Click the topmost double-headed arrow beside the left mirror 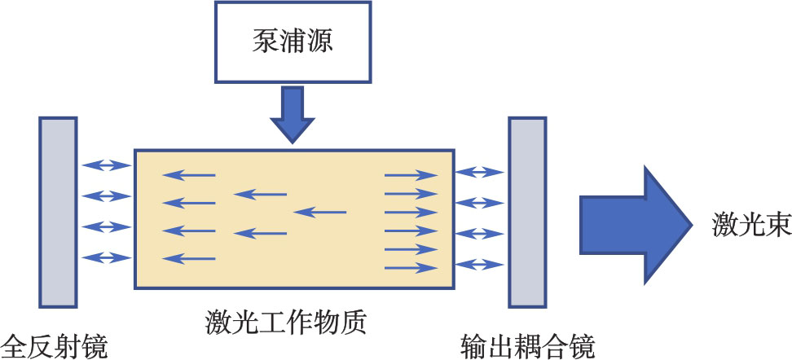click(106, 166)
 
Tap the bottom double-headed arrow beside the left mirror click(106, 257)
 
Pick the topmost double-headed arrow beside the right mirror click(480, 172)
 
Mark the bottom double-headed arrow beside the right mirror click(480, 264)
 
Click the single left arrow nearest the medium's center click(319, 213)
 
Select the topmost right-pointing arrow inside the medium click(411, 173)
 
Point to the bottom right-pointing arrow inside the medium click(411, 267)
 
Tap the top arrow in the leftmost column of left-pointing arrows click(189, 174)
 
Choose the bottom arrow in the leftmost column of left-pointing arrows click(189, 259)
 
